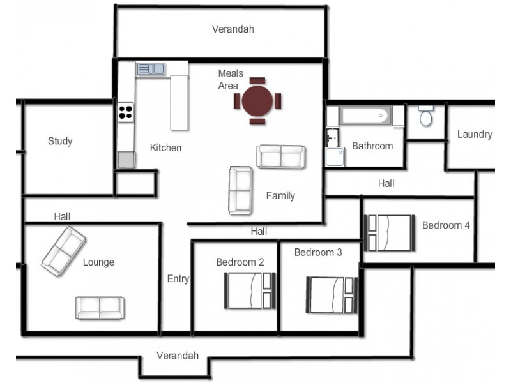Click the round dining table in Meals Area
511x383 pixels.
click(x=257, y=101)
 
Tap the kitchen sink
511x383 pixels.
click(x=151, y=69)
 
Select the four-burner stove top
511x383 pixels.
click(x=125, y=112)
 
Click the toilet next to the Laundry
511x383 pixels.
click(x=426, y=116)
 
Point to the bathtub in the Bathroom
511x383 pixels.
click(x=365, y=116)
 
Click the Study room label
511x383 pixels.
click(x=60, y=141)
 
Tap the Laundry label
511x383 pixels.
click(x=475, y=134)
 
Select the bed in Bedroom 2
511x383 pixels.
click(x=250, y=290)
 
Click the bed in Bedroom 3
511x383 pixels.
click(x=332, y=295)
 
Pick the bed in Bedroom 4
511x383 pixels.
click(x=390, y=233)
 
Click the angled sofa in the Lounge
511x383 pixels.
click(x=63, y=252)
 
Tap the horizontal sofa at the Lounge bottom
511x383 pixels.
click(x=100, y=308)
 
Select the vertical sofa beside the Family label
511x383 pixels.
click(x=241, y=190)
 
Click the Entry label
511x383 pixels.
click(x=178, y=279)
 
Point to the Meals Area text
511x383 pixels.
click(x=231, y=79)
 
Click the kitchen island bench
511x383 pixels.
click(x=179, y=103)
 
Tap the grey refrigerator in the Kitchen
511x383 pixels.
click(x=126, y=160)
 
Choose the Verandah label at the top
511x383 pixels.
click(x=233, y=29)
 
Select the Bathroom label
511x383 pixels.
click(x=372, y=146)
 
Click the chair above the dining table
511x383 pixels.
click(x=257, y=80)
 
